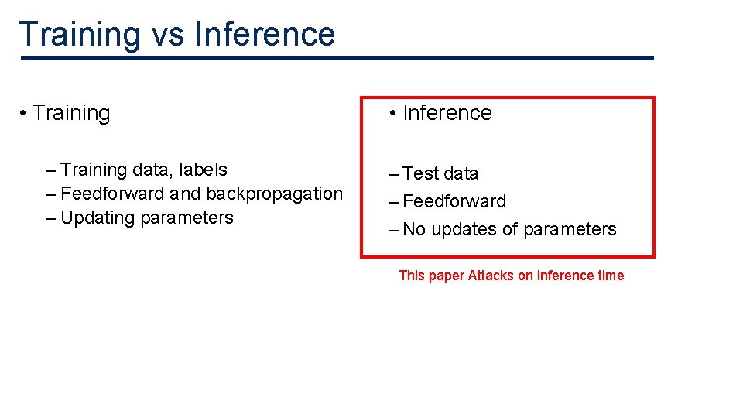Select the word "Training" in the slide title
click(78, 35)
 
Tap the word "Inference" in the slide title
click(265, 35)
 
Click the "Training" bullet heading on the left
click(71, 113)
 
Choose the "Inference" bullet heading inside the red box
click(447, 113)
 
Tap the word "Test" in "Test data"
click(420, 173)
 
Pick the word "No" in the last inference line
click(414, 229)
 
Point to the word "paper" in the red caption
click(447, 276)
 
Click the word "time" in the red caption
click(611, 276)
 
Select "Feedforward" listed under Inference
click(454, 201)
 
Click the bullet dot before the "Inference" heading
click(393, 114)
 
